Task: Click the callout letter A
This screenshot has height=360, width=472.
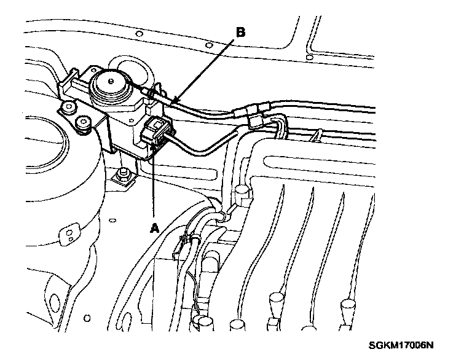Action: click(155, 227)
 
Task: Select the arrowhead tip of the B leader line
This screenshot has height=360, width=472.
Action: click(173, 101)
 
